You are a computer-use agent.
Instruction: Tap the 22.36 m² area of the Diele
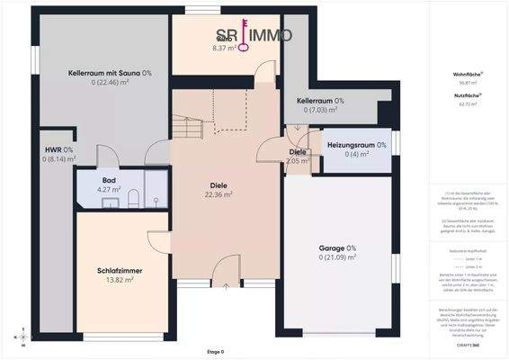coord(219,193)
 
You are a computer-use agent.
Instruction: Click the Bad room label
coord(108,180)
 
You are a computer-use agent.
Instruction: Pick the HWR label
coord(59,149)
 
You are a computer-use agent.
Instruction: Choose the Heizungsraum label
coord(356,144)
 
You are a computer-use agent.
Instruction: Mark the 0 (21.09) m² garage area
coord(337,257)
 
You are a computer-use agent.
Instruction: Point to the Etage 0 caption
coord(215,352)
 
